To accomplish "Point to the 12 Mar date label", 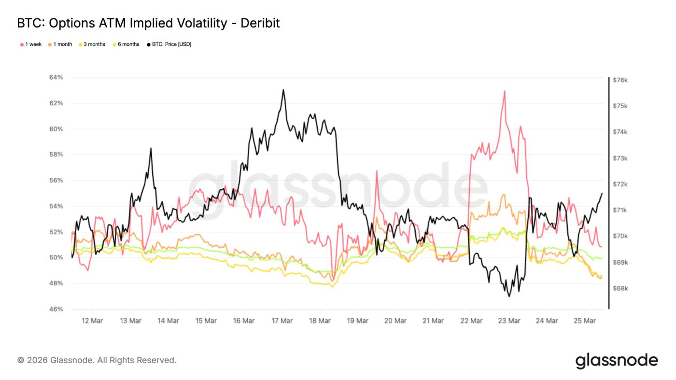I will pos(92,321).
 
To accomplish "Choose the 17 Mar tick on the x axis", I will pos(282,321).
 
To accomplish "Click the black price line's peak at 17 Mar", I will pos(283,90).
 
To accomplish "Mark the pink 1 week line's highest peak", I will pos(504,91).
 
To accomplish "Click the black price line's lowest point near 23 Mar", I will pos(509,296).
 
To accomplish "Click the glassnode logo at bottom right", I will pos(616,360).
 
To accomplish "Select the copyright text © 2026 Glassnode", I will pos(97,360).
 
